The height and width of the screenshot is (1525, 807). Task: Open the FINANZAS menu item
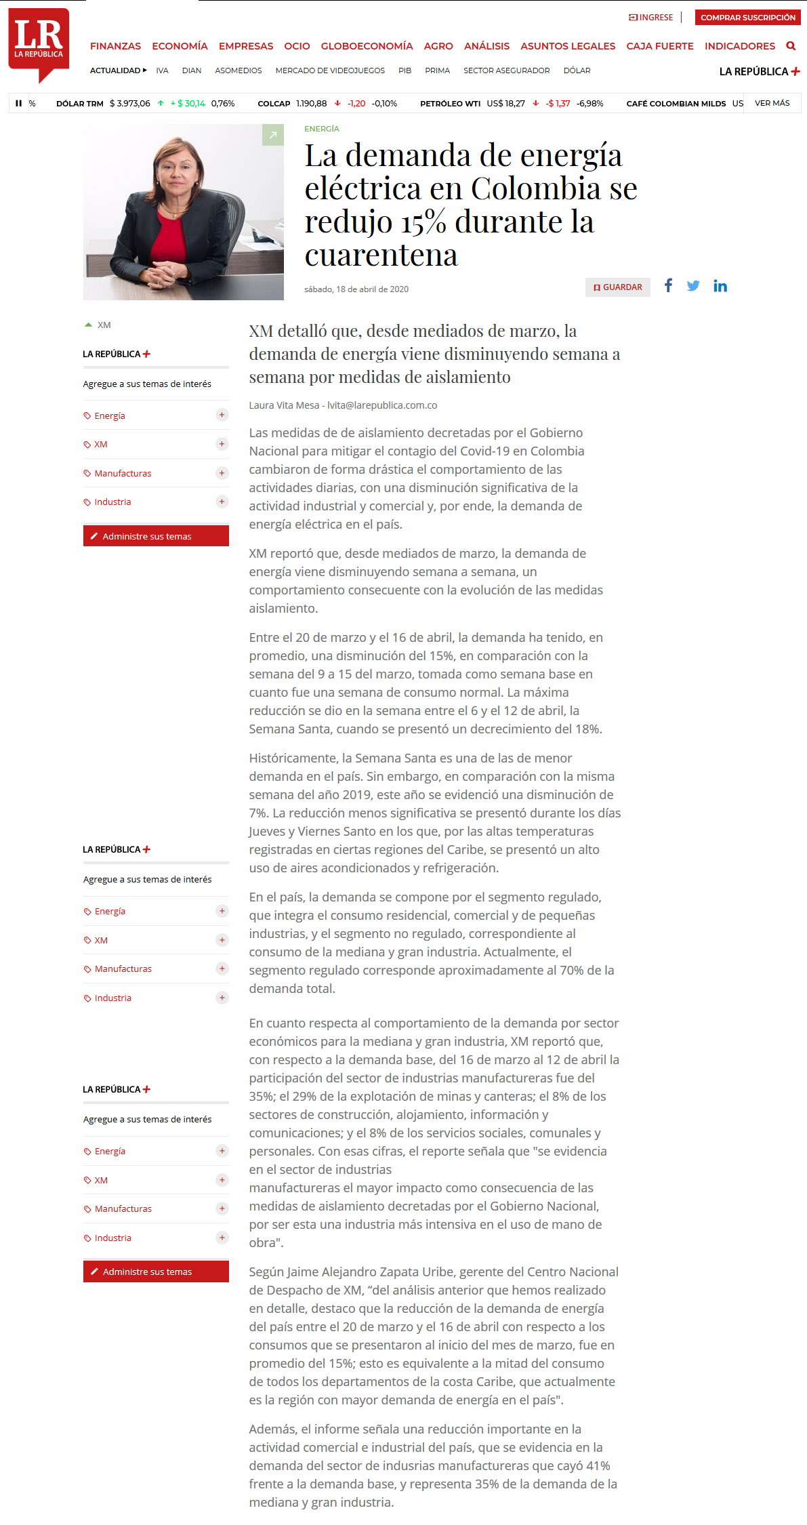click(115, 46)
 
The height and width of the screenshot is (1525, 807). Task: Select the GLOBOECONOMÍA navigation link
click(367, 46)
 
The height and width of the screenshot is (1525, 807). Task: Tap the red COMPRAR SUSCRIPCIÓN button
click(747, 18)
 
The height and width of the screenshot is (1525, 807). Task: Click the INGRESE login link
click(651, 18)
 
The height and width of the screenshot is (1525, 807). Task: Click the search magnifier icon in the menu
click(790, 46)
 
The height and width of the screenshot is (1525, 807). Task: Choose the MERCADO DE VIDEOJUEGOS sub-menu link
click(330, 70)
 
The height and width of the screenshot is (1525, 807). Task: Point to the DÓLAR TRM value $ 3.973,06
click(130, 104)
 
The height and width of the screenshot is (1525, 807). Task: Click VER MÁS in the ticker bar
click(772, 103)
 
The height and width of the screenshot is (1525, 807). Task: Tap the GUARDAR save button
click(618, 287)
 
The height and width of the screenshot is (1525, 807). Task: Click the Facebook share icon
click(668, 285)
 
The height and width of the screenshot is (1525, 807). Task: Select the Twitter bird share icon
click(693, 286)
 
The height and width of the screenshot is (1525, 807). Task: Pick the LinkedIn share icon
click(720, 286)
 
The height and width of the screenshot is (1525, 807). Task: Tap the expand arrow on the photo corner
click(272, 135)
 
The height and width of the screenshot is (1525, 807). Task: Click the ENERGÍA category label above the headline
click(322, 129)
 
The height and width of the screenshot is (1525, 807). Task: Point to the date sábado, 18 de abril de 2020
click(356, 289)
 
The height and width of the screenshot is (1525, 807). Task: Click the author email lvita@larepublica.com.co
click(382, 405)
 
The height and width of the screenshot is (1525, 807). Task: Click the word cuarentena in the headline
click(381, 256)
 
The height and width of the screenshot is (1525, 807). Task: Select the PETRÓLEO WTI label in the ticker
click(450, 104)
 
